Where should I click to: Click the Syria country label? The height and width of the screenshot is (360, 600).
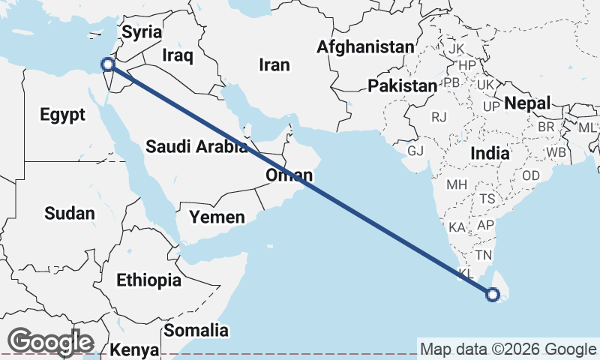pyautogui.click(x=142, y=32)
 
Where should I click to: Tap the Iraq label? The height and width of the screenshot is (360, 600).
pyautogui.click(x=178, y=55)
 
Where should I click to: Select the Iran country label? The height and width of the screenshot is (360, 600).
pyautogui.click(x=274, y=65)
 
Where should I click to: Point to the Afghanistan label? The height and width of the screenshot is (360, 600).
pyautogui.click(x=365, y=47)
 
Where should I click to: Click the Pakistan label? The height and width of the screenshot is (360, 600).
pyautogui.click(x=402, y=86)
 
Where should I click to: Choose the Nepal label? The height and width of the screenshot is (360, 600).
pyautogui.click(x=527, y=103)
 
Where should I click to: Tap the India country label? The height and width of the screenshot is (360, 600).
pyautogui.click(x=490, y=153)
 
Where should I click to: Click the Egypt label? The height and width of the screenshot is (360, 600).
pyautogui.click(x=63, y=115)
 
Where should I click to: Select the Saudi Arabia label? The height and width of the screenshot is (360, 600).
pyautogui.click(x=196, y=146)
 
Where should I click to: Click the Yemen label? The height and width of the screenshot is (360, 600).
pyautogui.click(x=217, y=217)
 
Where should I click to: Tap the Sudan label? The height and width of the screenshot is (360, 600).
pyautogui.click(x=70, y=213)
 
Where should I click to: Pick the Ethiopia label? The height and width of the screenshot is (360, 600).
pyautogui.click(x=148, y=280)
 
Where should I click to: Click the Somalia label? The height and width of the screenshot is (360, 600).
pyautogui.click(x=196, y=330)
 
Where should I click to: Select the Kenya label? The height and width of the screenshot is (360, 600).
pyautogui.click(x=134, y=349)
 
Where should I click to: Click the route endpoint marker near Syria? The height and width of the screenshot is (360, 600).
pyautogui.click(x=109, y=64)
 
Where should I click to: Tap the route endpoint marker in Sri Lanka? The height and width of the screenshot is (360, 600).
pyautogui.click(x=493, y=295)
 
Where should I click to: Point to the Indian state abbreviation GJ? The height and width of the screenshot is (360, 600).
pyautogui.click(x=415, y=151)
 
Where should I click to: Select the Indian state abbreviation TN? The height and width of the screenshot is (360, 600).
pyautogui.click(x=483, y=256)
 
